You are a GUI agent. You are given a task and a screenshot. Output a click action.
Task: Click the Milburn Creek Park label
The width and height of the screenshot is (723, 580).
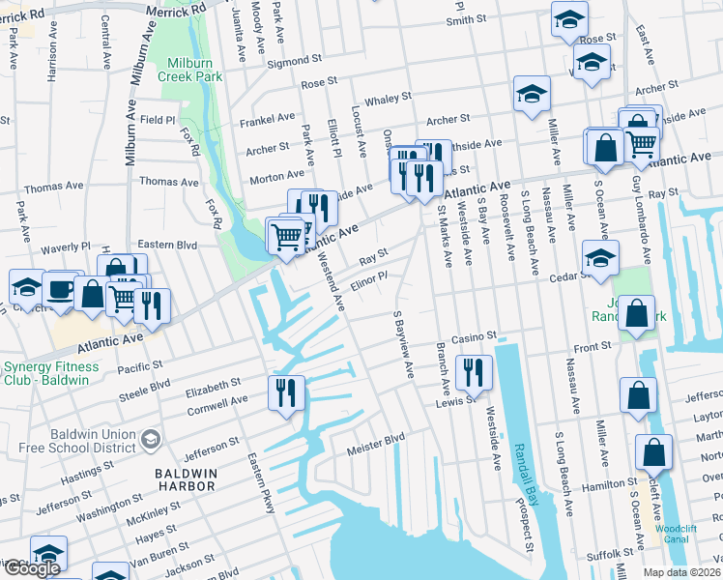click(x=188, y=68)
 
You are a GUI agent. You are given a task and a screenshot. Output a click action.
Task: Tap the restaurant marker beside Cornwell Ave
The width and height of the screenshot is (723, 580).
click(x=287, y=392)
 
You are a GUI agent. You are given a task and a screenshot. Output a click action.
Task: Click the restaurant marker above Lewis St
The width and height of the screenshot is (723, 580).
click(x=474, y=371)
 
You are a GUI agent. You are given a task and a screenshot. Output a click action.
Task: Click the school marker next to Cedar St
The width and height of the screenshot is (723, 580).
click(x=599, y=258)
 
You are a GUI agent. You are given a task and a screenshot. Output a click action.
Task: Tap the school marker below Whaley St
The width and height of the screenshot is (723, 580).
click(x=531, y=95)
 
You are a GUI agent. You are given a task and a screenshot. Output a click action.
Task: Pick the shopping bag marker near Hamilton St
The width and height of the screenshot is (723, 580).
click(x=653, y=451)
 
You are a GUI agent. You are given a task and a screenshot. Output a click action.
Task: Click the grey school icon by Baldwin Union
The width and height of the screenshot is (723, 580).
click(x=150, y=441)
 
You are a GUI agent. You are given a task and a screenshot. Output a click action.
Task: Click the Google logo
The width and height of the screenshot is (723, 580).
click(x=32, y=568)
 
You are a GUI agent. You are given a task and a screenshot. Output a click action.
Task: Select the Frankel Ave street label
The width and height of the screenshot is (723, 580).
click(x=271, y=118)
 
